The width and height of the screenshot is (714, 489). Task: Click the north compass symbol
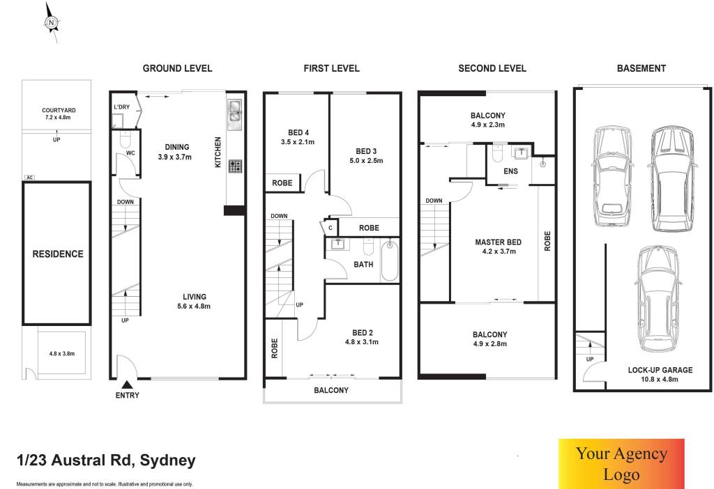coord(52,22)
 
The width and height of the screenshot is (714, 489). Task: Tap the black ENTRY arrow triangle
coord(128,385)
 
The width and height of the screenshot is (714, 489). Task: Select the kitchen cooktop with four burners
coord(235,166)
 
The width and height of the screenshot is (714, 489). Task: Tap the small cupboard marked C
coord(330,228)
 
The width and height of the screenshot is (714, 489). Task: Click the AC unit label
coord(29,178)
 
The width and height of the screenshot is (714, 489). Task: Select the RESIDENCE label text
coord(58,254)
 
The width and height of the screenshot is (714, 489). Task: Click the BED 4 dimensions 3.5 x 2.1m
coord(298,142)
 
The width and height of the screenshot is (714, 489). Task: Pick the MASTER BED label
coord(498,242)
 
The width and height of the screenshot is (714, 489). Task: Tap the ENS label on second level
coord(510,171)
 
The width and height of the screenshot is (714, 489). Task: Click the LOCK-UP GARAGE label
coord(660,370)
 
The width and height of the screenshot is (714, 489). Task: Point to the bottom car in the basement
coord(658,300)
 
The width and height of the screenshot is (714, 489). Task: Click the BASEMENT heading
coord(641,68)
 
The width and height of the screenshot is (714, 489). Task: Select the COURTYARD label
coord(59,110)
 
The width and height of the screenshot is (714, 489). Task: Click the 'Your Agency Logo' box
coord(621,463)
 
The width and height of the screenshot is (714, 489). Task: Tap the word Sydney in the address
coord(167,461)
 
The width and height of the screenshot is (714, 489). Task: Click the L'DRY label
coord(121,107)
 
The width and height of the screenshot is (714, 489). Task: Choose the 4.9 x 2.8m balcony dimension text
coord(490,344)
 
